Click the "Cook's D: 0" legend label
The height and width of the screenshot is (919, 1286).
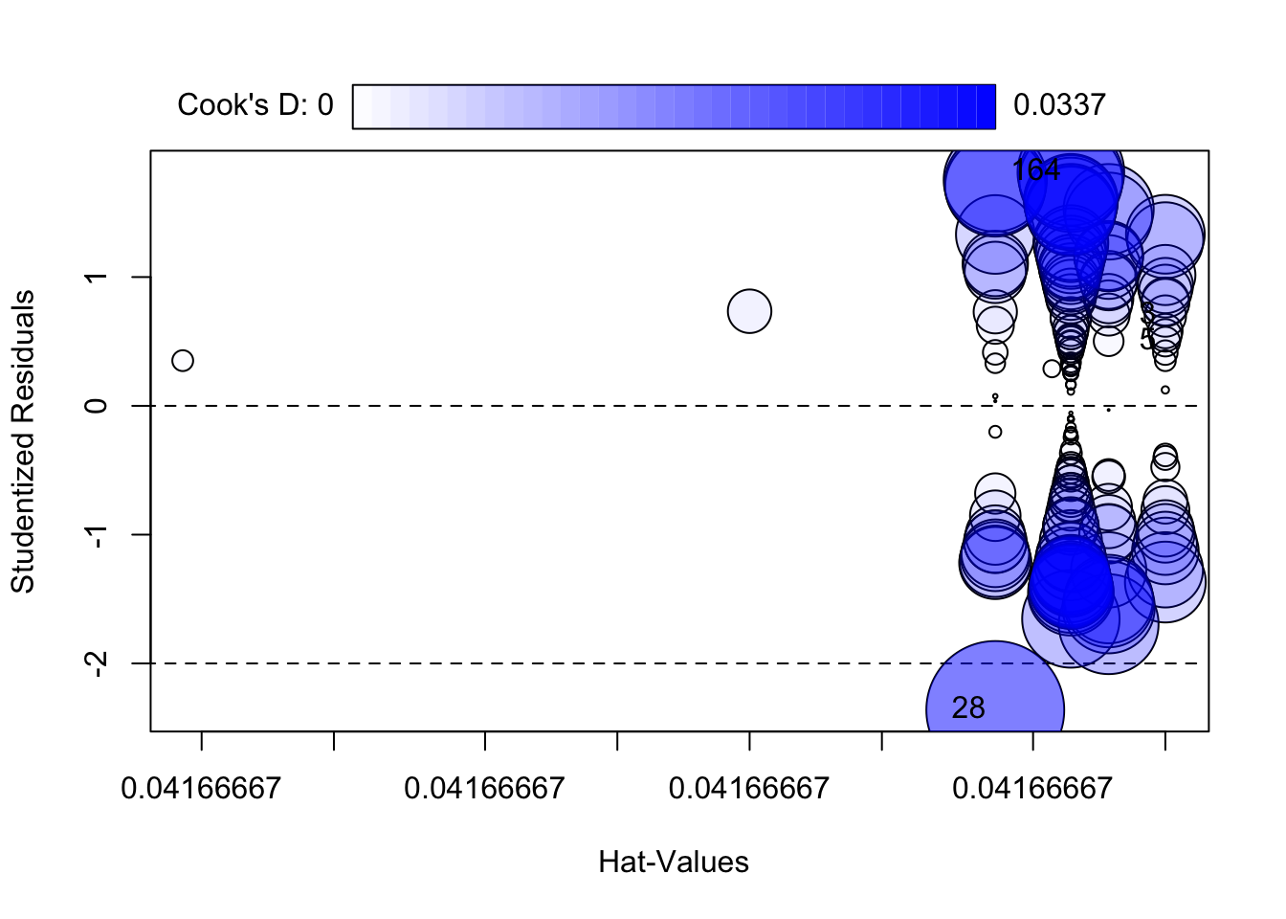pyautogui.click(x=255, y=104)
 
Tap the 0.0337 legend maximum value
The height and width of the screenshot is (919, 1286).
pyautogui.click(x=1059, y=104)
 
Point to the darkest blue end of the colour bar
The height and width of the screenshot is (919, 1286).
pyautogui.click(x=986, y=106)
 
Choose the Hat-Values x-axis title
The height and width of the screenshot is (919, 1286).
pyautogui.click(x=674, y=862)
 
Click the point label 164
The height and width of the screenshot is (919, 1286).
pyautogui.click(x=1035, y=170)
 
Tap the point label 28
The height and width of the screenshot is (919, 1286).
pyautogui.click(x=968, y=707)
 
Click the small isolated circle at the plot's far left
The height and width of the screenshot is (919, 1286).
pyautogui.click(x=183, y=360)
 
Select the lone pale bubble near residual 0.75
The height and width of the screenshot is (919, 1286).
pyautogui.click(x=749, y=311)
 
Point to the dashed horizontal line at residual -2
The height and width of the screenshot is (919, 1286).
pyautogui.click(x=574, y=662)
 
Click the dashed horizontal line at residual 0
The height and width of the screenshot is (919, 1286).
pyautogui.click(x=574, y=406)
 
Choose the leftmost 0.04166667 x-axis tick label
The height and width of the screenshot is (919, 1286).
pyautogui.click(x=201, y=789)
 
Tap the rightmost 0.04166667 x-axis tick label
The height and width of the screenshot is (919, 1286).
pyautogui.click(x=1032, y=789)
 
